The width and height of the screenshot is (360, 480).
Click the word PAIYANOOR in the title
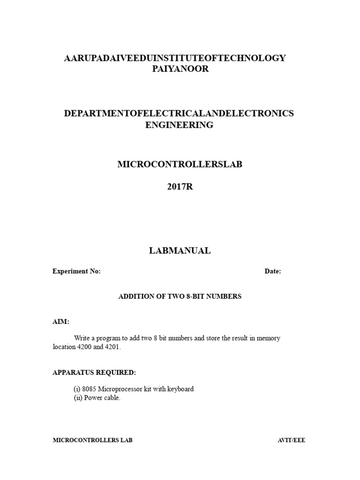[175, 69]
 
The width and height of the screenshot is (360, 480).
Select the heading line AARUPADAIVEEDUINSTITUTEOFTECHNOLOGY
[175, 58]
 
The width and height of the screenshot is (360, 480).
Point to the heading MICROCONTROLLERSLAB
[180, 165]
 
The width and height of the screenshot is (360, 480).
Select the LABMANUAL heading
[180, 251]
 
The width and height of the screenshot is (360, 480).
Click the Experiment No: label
[76, 271]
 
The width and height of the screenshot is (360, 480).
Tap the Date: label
[273, 271]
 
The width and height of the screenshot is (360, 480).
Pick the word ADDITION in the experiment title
[135, 297]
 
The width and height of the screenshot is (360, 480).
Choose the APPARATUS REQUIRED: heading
[94, 373]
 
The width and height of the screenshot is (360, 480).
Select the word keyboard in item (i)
[180, 389]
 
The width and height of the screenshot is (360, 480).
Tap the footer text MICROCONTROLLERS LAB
[92, 441]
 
